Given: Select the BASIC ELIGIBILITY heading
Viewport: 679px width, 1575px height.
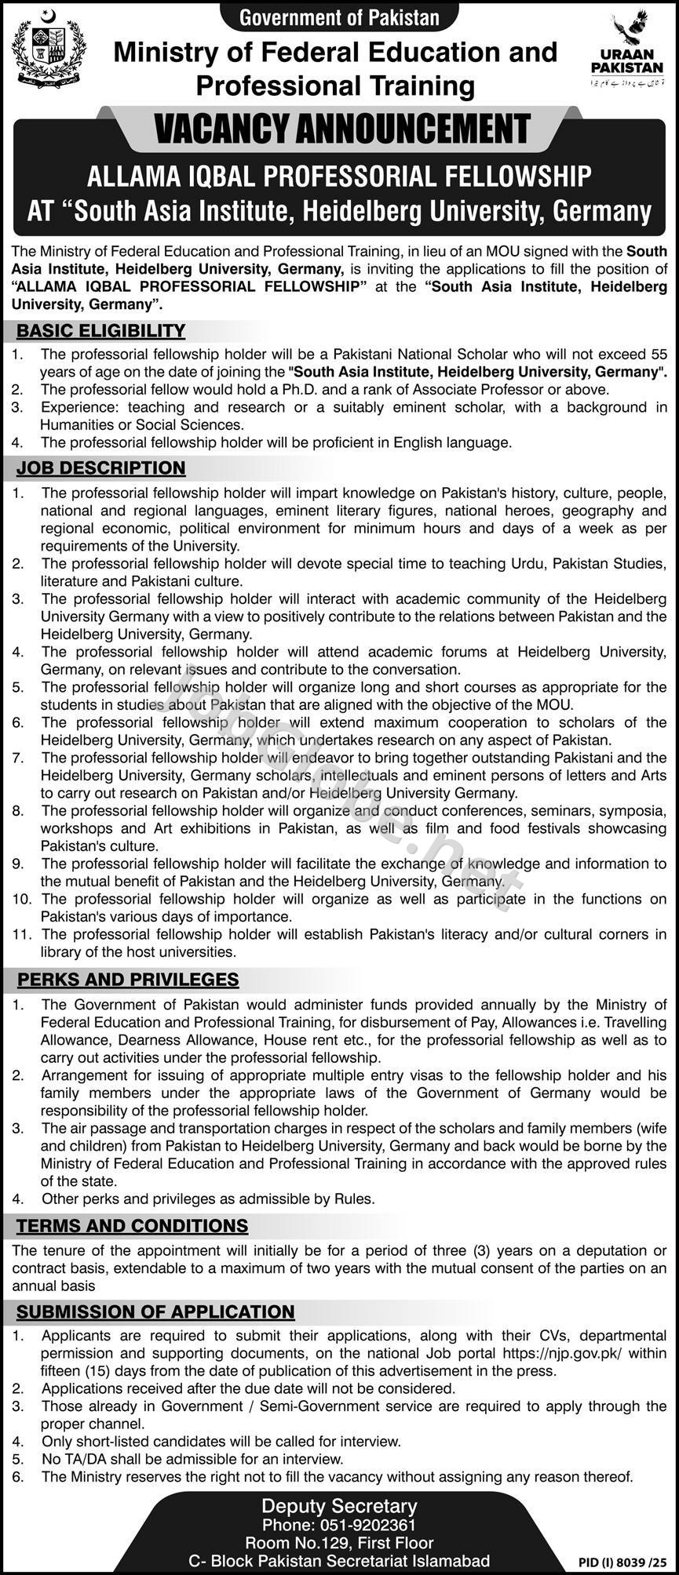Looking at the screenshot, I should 100,330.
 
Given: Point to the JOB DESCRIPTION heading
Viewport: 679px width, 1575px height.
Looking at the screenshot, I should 100,468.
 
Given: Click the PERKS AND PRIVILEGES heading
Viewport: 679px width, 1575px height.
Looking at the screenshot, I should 128,979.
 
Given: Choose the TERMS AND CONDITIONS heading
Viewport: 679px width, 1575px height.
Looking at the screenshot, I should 132,1225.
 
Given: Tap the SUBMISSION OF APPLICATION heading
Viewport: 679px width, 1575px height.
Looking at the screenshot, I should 155,1311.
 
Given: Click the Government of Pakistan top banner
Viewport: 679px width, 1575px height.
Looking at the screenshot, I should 339,16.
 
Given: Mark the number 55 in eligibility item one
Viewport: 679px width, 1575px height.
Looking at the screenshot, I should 659,355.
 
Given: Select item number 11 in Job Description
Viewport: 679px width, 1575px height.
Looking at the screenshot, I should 21,934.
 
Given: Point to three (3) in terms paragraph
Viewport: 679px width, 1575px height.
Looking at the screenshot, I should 475,1250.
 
